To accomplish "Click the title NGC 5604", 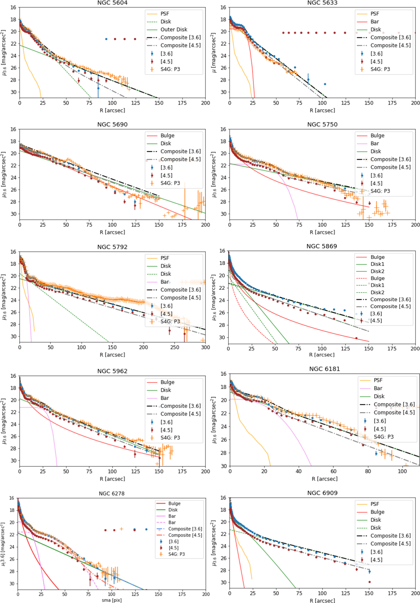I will (112, 3).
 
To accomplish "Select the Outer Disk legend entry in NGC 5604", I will (174, 29).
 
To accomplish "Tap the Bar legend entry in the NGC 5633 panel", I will (374, 22).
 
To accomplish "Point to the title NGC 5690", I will (112, 124).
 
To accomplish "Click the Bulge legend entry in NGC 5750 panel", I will (377, 136).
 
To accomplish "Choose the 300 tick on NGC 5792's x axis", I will (205, 347).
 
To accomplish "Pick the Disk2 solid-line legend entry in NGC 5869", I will (377, 271).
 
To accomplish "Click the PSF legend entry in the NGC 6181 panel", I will (378, 380).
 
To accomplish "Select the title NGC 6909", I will (322, 493).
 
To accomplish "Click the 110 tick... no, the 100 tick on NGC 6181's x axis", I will (402, 471).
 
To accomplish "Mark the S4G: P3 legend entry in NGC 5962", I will (170, 438).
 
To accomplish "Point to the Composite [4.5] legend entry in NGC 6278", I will (185, 535).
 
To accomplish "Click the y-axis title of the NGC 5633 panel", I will (214, 53).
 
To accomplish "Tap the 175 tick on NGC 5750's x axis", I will (392, 225).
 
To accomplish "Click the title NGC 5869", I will (322, 246).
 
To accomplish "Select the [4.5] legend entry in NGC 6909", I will (376, 560).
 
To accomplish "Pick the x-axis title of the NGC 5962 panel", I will (112, 479).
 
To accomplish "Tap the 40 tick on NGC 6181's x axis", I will (299, 471).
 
